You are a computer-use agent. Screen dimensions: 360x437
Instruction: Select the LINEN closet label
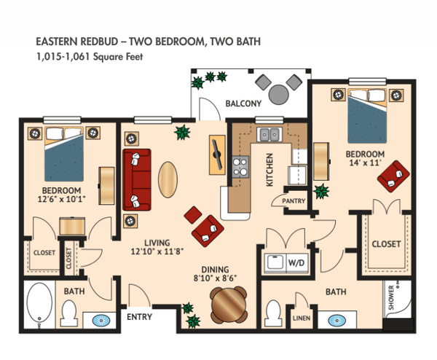coord(300,318)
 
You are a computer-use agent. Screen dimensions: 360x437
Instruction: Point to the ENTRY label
coord(139,318)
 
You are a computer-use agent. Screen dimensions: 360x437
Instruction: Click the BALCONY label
coord(243,103)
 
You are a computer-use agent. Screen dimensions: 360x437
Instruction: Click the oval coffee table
coord(168,179)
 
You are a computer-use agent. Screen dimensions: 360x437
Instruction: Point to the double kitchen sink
coord(269,134)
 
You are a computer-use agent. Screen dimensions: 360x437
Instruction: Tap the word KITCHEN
coord(269,169)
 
